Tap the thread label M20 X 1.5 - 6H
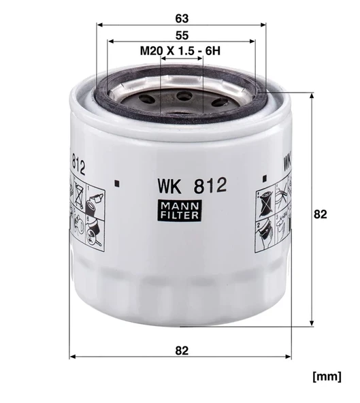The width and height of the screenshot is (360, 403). click(x=182, y=51)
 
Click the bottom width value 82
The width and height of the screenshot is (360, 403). click(x=181, y=351)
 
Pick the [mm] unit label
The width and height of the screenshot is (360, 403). click(x=326, y=376)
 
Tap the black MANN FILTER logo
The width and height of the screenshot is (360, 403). click(x=181, y=211)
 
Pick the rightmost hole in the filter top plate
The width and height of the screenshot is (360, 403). click(x=219, y=102)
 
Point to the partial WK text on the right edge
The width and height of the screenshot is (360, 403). click(x=287, y=163)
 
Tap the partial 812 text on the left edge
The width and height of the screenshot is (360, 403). click(x=77, y=167)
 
